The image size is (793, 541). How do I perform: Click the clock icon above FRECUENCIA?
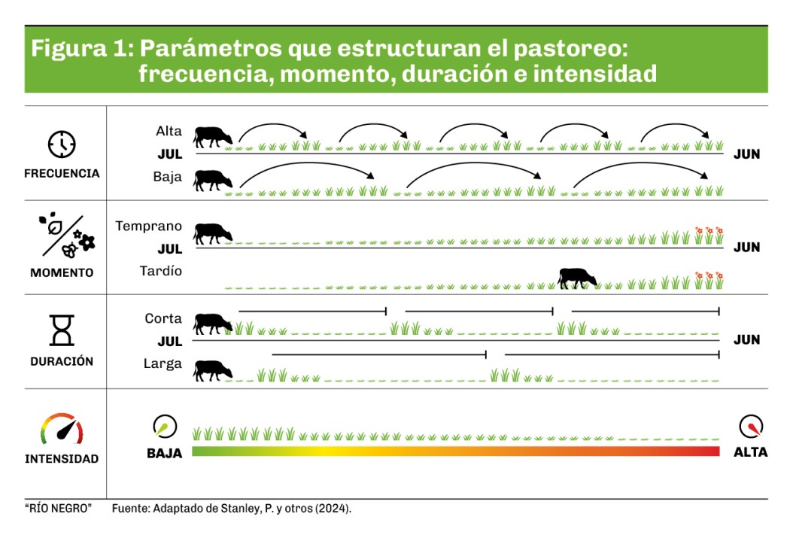62,144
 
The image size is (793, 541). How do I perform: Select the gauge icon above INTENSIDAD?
62,429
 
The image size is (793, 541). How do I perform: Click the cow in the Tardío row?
577,278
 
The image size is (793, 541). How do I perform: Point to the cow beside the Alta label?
214,137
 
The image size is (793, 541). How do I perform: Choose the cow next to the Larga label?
214,370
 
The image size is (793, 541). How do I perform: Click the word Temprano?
149,226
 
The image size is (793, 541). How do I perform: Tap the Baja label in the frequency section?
167,178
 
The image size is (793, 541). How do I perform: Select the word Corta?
163,318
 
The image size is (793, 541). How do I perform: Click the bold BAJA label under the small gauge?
164,453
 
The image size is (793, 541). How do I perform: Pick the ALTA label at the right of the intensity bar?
750,452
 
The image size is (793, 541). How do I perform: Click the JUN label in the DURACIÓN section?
746,339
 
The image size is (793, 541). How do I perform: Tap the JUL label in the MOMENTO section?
170,248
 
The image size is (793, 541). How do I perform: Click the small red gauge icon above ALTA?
751,427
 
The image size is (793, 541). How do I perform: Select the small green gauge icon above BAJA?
165,427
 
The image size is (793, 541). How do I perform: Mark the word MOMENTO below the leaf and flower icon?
62,272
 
